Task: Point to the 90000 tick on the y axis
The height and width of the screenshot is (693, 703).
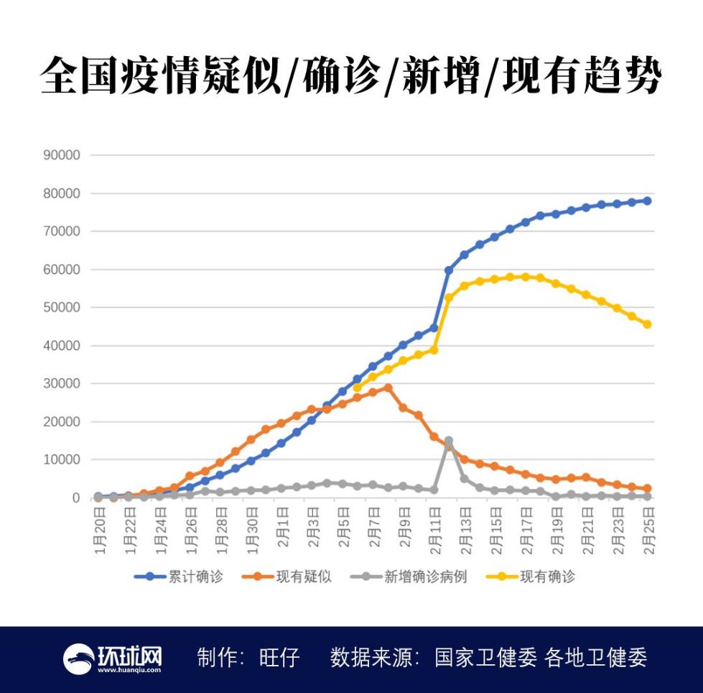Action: click(62, 155)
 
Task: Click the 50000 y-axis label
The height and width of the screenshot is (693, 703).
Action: click(62, 308)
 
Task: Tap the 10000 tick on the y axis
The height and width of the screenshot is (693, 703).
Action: click(62, 460)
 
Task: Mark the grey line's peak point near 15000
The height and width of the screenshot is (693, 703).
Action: click(449, 441)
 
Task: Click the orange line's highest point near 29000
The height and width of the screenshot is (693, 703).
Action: click(388, 387)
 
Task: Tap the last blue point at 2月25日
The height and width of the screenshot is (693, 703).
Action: click(647, 201)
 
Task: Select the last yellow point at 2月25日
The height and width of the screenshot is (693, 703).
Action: click(647, 324)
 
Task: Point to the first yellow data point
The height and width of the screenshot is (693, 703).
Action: click(357, 388)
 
